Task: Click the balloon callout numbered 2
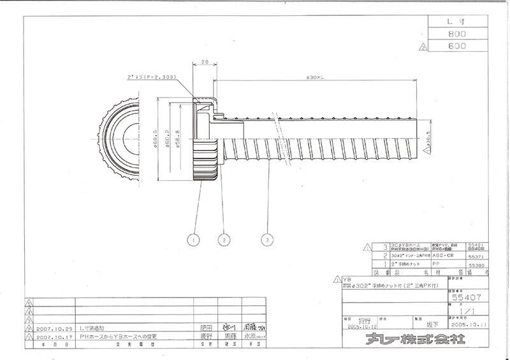pyautogui.click(x=223, y=240)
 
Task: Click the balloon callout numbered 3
pyautogui.click(x=269, y=240)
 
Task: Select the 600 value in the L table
pyautogui.click(x=458, y=47)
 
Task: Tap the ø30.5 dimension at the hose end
pyautogui.click(x=431, y=139)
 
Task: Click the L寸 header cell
pyautogui.click(x=458, y=21)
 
